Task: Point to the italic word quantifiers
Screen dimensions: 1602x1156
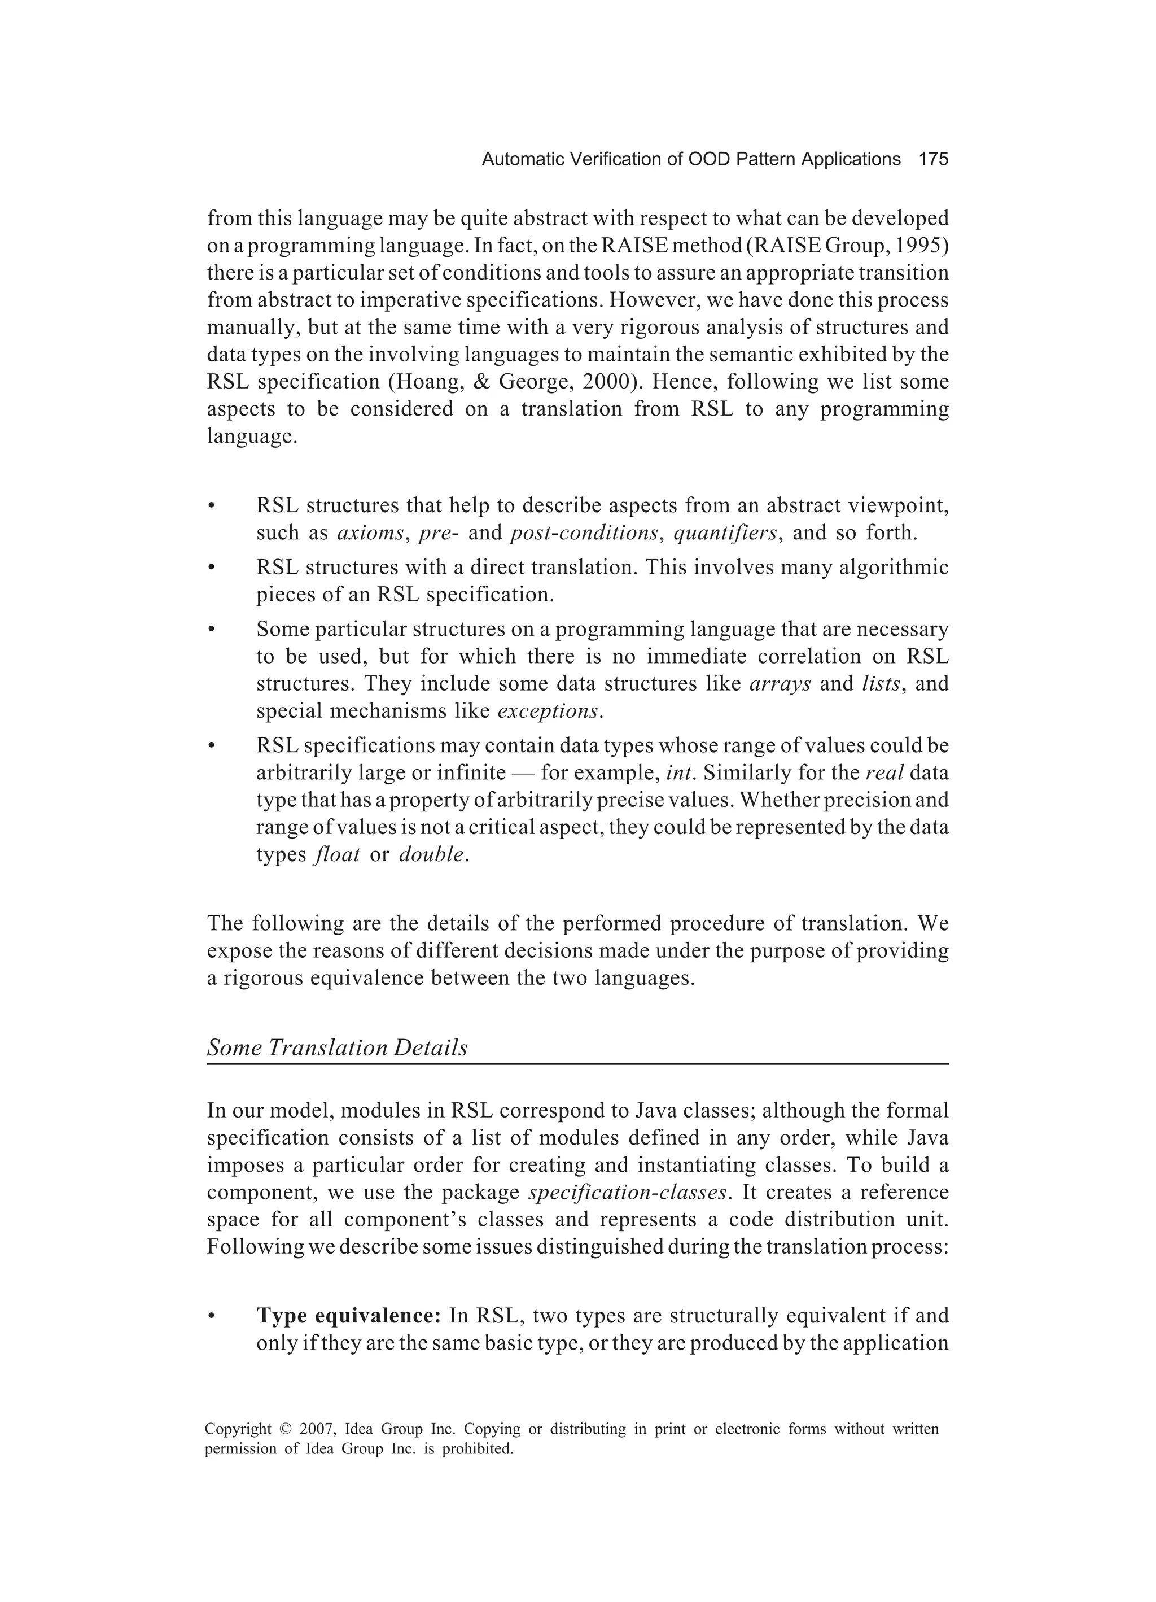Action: pyautogui.click(x=725, y=532)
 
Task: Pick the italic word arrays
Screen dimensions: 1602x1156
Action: pyautogui.click(x=779, y=684)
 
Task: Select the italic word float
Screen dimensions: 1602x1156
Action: pyautogui.click(x=336, y=855)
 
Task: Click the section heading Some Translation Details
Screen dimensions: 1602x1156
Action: pyautogui.click(x=338, y=1047)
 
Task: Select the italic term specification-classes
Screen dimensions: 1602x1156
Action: pyautogui.click(x=627, y=1192)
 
